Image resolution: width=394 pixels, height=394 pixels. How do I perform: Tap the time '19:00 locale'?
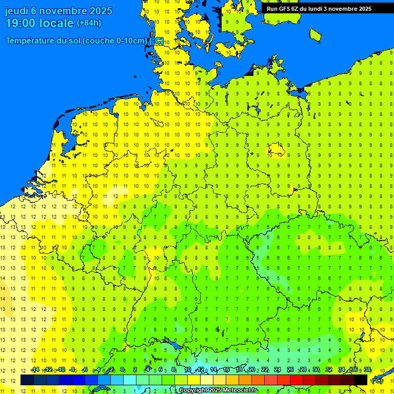click(40, 23)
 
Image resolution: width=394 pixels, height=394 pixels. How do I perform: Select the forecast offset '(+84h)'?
click(89, 23)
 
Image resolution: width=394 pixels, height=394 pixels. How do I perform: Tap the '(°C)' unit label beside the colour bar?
click(377, 381)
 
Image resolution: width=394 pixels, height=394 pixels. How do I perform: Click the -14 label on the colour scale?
click(35, 370)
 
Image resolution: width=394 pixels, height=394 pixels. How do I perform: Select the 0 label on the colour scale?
click(123, 370)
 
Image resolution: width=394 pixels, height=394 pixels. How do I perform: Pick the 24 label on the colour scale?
click(277, 370)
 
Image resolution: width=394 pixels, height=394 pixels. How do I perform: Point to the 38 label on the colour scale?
click(367, 370)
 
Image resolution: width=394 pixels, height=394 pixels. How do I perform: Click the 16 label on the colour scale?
click(226, 370)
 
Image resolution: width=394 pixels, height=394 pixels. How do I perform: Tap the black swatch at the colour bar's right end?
click(361, 380)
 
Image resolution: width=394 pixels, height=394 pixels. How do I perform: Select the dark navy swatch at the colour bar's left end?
click(27, 380)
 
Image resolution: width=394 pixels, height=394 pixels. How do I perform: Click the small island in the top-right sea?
click(316, 35)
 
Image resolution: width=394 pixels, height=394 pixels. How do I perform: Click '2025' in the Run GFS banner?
click(365, 9)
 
